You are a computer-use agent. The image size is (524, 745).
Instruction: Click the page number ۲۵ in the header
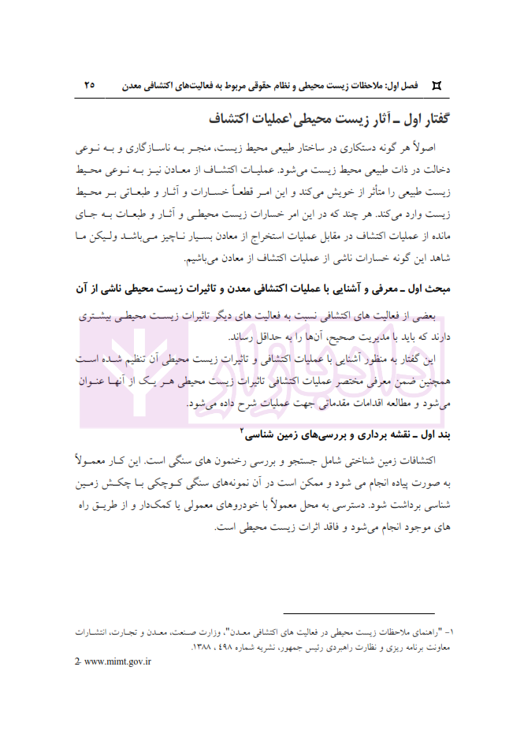point(88,82)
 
